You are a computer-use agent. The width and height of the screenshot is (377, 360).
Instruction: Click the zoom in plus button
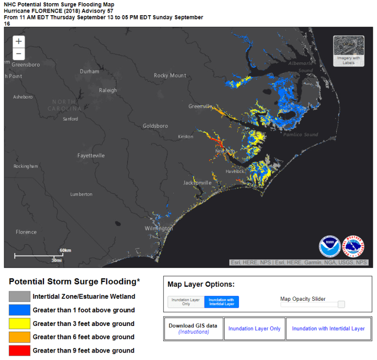point(19,41)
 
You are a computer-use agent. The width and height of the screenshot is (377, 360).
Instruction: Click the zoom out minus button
point(19,53)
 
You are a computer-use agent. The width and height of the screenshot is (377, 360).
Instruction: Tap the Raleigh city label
point(108,90)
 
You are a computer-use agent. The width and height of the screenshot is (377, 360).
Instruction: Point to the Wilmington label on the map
point(159,228)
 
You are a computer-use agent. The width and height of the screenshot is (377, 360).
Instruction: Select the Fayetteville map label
point(91,156)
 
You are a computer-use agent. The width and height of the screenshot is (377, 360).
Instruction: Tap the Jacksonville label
point(197,183)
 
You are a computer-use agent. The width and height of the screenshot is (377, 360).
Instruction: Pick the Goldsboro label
point(156,126)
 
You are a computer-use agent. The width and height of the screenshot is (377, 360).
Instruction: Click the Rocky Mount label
point(170,75)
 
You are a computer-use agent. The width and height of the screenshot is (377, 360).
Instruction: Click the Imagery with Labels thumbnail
point(349,51)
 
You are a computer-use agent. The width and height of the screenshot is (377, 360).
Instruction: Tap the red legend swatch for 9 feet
point(19,351)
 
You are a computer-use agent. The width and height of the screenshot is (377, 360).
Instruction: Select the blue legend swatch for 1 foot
point(19,310)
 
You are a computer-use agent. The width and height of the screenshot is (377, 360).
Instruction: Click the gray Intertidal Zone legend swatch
point(19,296)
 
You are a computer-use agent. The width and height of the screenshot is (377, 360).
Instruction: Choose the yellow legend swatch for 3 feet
point(19,323)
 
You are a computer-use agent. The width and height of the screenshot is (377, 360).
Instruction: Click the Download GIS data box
point(193,329)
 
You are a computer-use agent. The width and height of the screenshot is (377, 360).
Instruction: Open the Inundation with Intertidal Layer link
point(328,329)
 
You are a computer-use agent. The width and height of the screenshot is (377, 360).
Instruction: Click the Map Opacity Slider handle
point(341,304)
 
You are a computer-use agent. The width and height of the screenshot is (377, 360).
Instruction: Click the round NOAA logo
point(330,246)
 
